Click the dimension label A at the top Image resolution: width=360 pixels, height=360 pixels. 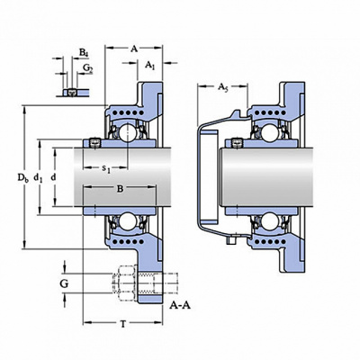tap(134, 49)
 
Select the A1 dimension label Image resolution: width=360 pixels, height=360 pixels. tap(150, 65)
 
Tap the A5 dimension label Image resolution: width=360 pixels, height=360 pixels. tap(222, 87)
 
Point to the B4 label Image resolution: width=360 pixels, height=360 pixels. tap(84, 52)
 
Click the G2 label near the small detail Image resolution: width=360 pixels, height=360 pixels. tap(88, 68)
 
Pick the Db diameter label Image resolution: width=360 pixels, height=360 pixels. tap(23, 178)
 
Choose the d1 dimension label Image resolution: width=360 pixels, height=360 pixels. tap(38, 178)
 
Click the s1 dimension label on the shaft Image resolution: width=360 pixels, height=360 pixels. tap(106, 170)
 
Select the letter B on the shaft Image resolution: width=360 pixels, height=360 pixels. tap(120, 189)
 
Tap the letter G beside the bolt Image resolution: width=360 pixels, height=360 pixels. tap(64, 283)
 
